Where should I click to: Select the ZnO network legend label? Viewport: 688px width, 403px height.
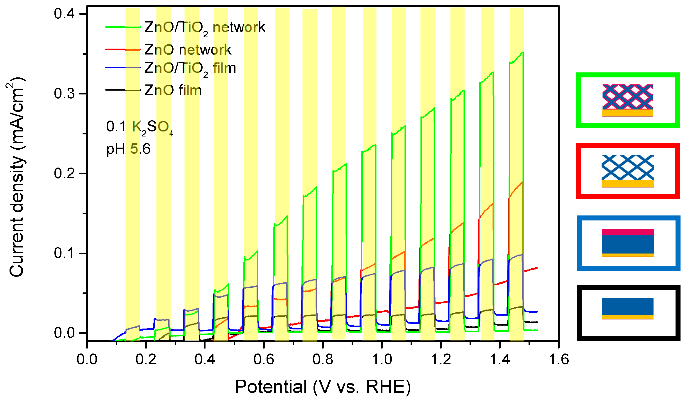[x=188, y=50]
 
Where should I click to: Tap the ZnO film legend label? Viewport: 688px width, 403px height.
[x=173, y=90]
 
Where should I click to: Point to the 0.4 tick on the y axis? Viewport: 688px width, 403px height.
[x=64, y=14]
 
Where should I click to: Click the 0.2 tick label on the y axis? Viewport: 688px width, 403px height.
[x=64, y=173]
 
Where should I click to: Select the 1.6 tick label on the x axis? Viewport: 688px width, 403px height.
[x=559, y=359]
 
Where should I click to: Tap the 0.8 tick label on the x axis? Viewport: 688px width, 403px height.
[x=323, y=359]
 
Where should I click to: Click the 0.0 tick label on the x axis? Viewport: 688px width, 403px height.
[x=87, y=359]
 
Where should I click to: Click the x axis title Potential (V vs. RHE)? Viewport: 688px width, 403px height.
[x=323, y=387]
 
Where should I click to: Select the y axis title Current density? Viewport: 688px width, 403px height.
[x=16, y=178]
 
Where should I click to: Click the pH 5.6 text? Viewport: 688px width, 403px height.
[x=128, y=149]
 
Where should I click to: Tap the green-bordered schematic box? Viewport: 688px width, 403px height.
[x=628, y=100]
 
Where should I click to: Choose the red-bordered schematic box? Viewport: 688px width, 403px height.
[x=628, y=171]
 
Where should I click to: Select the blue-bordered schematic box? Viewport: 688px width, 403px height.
[x=628, y=243]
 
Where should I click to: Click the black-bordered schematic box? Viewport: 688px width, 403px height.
[x=628, y=313]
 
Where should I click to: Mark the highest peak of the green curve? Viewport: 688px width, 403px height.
[x=523, y=52]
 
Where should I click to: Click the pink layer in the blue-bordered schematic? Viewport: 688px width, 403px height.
[x=628, y=232]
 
